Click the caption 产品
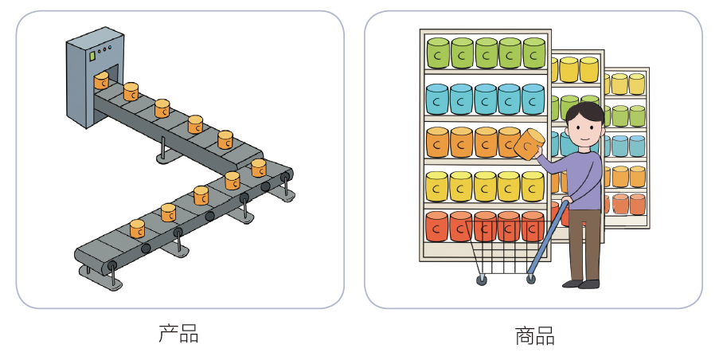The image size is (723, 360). coord(178,333)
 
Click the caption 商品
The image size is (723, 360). coord(533,335)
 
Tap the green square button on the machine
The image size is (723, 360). coord(92,57)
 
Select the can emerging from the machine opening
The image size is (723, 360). coord(101,80)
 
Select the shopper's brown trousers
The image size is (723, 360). coord(584,243)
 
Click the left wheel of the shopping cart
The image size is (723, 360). coord(482,280)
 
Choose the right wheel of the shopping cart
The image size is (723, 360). coord(531,279)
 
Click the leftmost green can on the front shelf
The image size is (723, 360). coord(439,53)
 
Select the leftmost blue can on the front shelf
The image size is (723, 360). coord(438,100)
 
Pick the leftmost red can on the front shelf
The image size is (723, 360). coord(437,226)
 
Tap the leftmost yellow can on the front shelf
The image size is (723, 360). coord(437,186)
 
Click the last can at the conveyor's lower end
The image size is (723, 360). coord(137,229)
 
